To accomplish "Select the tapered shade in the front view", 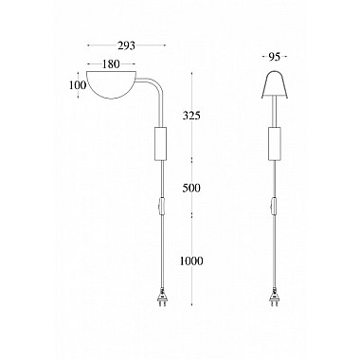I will pyautogui.click(x=275, y=86).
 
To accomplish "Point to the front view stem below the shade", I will pyautogui.click(x=276, y=116).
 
